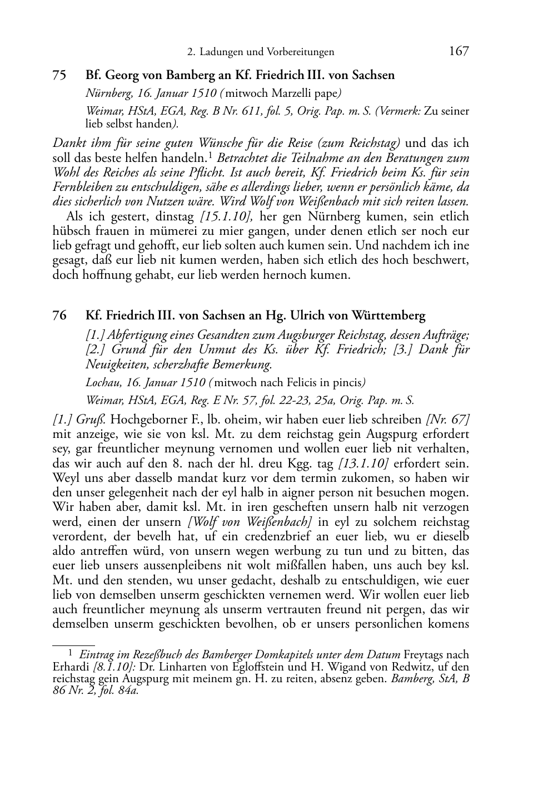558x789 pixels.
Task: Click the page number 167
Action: [459, 52]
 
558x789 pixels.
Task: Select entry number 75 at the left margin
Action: [59, 75]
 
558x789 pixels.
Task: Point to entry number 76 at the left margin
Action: [59, 316]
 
